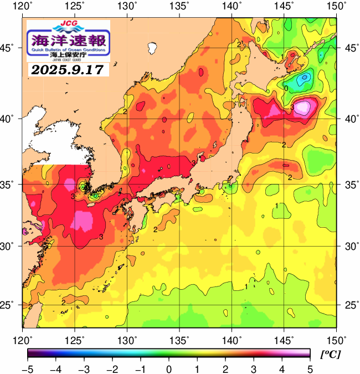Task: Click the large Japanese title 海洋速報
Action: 68,40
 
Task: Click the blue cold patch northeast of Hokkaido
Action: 304,79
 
